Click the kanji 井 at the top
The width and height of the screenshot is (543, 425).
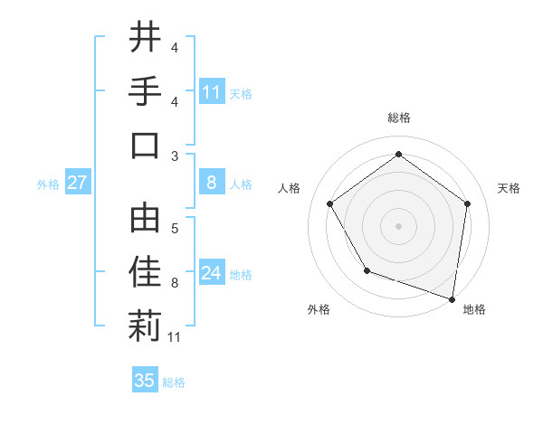[145, 38]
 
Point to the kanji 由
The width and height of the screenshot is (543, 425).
[145, 217]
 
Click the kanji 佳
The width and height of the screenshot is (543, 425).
[145, 271]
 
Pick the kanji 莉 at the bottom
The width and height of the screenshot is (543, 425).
[145, 326]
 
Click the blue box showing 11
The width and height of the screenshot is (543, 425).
[212, 91]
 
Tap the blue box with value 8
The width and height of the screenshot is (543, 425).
[212, 183]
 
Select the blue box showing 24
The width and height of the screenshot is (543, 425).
[212, 273]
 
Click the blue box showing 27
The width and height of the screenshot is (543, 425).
[78, 183]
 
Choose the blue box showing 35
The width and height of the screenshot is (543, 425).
[145, 381]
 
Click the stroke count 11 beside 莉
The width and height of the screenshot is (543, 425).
[176, 337]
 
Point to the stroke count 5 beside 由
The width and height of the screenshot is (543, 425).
[175, 228]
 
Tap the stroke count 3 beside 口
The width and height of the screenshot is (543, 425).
[175, 156]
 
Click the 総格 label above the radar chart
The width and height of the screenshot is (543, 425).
[398, 118]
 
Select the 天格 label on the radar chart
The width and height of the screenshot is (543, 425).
[509, 188]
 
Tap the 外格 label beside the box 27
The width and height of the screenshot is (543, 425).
[48, 184]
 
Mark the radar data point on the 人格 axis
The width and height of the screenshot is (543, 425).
[329, 203]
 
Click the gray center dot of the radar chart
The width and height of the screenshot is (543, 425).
[398, 225]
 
